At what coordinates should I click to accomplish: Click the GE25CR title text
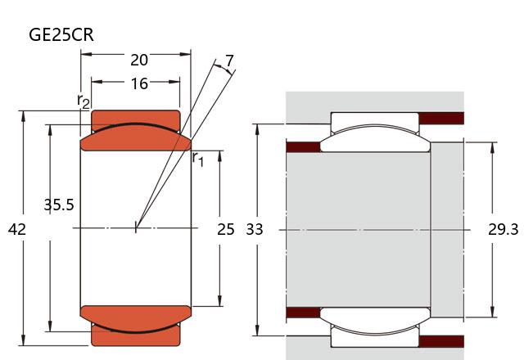pos(61,34)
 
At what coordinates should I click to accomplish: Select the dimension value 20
pos(139,60)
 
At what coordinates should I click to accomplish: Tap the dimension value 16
pos(139,83)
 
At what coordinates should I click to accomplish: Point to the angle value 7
pos(229,61)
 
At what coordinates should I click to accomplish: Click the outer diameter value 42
pos(16,230)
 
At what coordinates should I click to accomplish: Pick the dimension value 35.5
pos(58,205)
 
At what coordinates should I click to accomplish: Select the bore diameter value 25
pos(226,230)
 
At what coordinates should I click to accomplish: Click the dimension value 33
pos(255,230)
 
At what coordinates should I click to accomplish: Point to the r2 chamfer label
pos(83,101)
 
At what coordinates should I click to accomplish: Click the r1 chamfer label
pos(197,158)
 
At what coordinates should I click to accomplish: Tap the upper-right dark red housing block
pos(441,119)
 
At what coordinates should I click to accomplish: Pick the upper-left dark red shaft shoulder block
pos(303,147)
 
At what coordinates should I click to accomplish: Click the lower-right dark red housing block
pos(441,340)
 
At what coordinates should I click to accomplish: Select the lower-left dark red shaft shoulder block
pos(303,312)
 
